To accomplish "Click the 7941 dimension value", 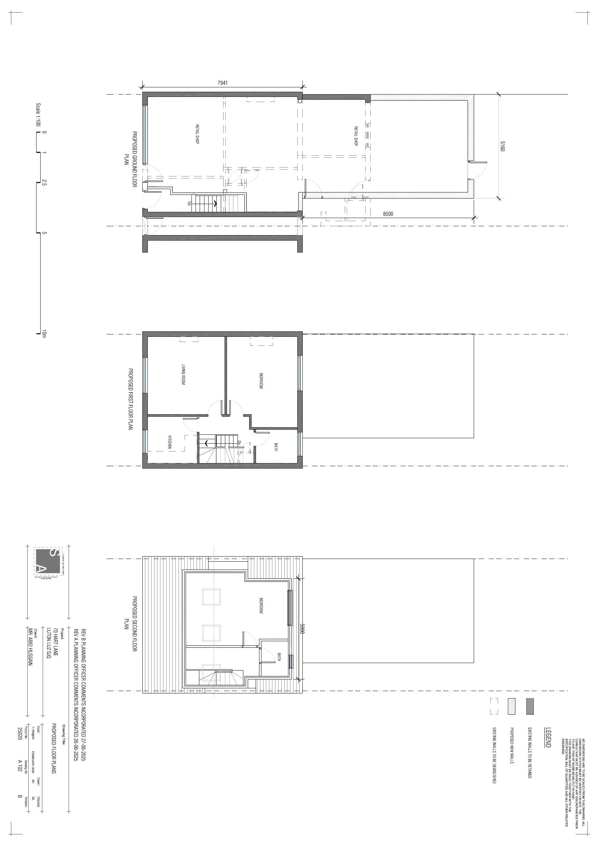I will coord(223,83).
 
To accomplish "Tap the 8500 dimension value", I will coord(388,214).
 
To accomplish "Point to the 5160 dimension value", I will coord(502,146).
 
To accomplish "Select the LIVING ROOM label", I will coord(183,374).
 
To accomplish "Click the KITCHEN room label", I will coord(170,442).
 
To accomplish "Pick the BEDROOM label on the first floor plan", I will coord(261,381).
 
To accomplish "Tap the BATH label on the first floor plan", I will coord(276,447).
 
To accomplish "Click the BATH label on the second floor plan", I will coord(279,657).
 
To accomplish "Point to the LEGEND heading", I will coord(548,737).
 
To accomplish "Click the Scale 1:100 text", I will coord(38,114).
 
